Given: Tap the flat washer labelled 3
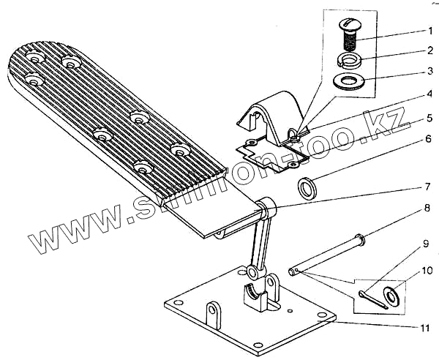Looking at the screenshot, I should click(x=352, y=79).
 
